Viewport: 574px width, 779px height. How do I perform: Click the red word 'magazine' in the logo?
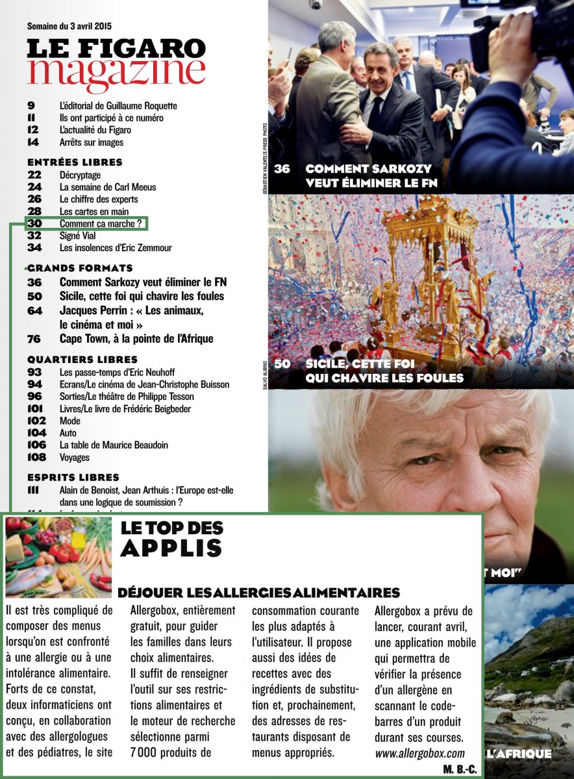(x=116, y=74)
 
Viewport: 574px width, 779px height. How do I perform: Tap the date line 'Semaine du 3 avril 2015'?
(x=69, y=27)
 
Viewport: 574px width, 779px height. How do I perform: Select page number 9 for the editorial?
(x=31, y=106)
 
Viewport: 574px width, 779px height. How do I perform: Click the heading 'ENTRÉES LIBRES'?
(x=75, y=162)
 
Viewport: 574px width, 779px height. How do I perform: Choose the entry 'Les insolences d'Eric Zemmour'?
(x=116, y=248)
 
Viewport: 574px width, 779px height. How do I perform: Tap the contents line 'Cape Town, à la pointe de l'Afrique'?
(x=136, y=338)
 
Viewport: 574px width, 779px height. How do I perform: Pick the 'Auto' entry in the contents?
(x=68, y=433)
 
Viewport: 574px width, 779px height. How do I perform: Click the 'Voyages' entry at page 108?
(x=74, y=458)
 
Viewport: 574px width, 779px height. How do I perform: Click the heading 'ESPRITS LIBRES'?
(x=73, y=478)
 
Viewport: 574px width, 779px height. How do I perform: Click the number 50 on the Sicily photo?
(x=282, y=364)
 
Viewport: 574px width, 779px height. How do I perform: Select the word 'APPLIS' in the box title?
(x=171, y=549)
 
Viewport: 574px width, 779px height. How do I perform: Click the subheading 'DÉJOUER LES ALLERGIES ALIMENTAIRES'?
(x=258, y=593)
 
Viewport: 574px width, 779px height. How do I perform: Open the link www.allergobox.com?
(x=420, y=754)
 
